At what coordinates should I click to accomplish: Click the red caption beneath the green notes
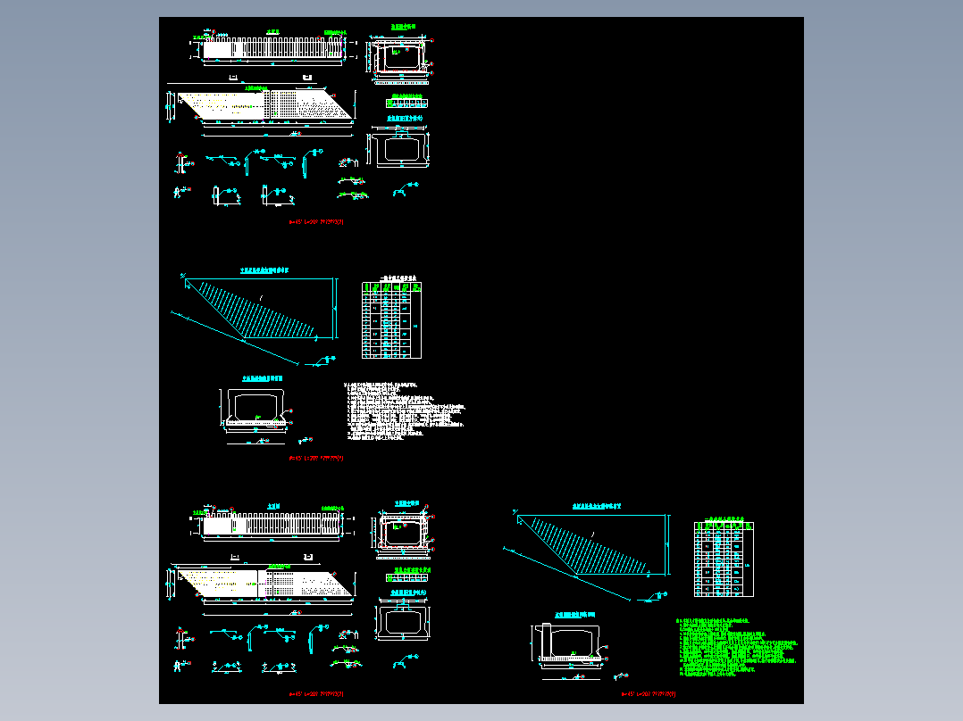pyautogui.click(x=649, y=693)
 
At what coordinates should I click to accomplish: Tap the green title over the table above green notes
pyautogui.click(x=724, y=517)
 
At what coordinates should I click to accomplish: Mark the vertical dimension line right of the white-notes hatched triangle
pyautogui.click(x=337, y=309)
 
